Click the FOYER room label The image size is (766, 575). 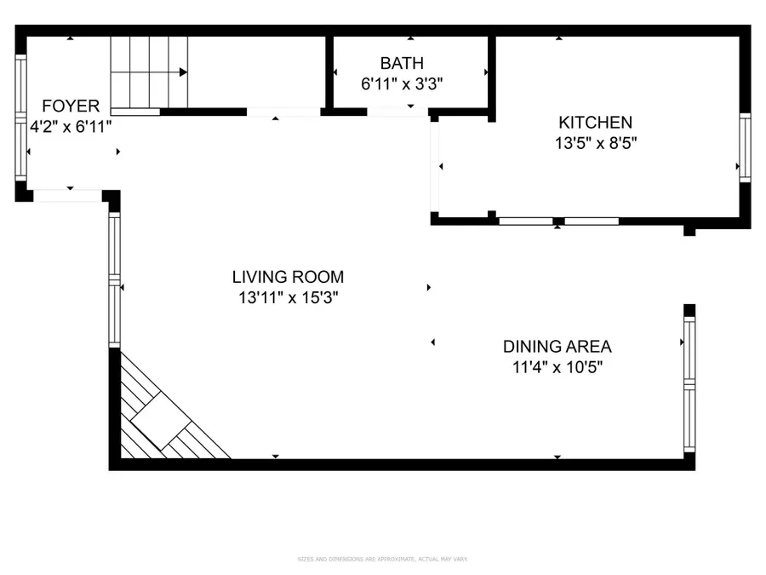(x=71, y=106)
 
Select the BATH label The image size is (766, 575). (x=402, y=63)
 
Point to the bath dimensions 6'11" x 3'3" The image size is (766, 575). (x=402, y=83)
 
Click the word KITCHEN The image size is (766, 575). (x=595, y=123)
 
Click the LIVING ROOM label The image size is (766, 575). (x=288, y=277)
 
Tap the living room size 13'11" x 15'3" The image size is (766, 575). (x=288, y=297)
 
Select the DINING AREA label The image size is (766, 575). (x=557, y=347)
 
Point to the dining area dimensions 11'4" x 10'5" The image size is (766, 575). (x=557, y=367)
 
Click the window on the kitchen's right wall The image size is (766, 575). (x=745, y=147)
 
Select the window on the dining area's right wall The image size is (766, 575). (x=689, y=383)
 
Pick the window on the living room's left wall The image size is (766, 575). (x=114, y=279)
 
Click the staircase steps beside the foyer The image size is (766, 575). (x=148, y=72)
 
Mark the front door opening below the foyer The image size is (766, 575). (x=67, y=196)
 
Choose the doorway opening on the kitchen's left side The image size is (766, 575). (x=435, y=167)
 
